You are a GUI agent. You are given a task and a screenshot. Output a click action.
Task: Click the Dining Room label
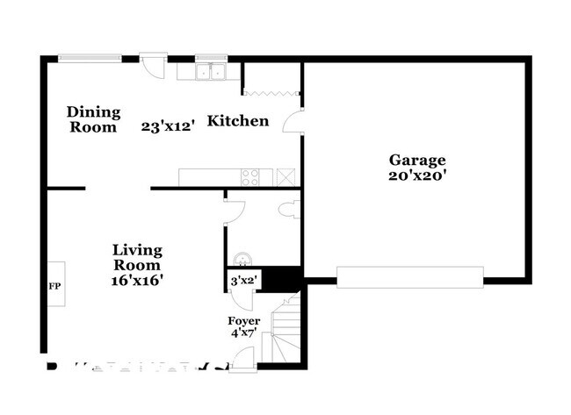[x=92, y=119]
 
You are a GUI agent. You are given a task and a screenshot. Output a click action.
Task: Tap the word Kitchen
[x=237, y=121]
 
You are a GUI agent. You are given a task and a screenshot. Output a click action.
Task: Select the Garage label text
[x=418, y=160]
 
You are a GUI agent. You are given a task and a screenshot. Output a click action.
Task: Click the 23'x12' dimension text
[x=168, y=126]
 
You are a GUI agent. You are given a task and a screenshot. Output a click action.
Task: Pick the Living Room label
[x=137, y=257]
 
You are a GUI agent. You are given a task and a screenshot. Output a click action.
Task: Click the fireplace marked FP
[x=54, y=284]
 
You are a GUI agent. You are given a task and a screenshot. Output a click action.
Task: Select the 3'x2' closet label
[x=242, y=281]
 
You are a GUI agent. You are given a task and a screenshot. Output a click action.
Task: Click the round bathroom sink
[x=243, y=256]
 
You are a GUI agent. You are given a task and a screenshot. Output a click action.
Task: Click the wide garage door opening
[x=410, y=277]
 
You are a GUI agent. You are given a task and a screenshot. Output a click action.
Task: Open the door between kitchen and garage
[x=293, y=124]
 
